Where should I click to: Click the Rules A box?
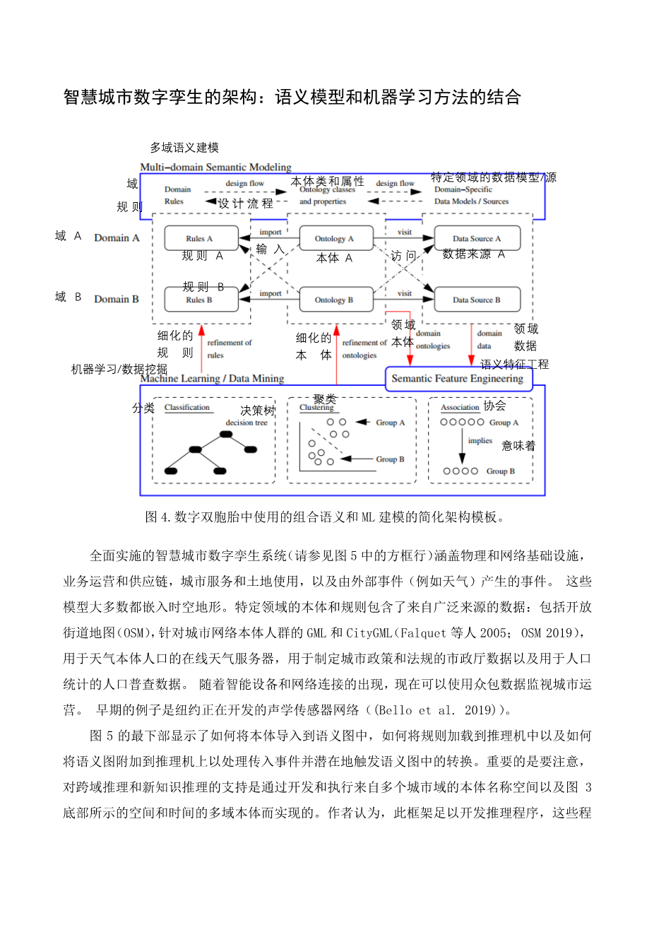point(199,238)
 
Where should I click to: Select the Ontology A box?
point(334,238)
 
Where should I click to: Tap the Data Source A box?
point(477,238)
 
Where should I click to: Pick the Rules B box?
point(199,300)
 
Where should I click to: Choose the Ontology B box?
point(334,300)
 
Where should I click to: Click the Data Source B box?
point(477,300)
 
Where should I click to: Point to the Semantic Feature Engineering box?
point(458,378)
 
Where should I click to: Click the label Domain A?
point(117,238)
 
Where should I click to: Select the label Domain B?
point(117,299)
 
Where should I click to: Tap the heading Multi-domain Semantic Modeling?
point(215,167)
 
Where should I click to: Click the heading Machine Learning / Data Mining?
point(212,378)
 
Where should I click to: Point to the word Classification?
point(187,408)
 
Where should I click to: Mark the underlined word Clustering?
point(316,408)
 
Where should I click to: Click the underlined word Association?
point(460,408)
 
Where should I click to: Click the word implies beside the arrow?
point(480,440)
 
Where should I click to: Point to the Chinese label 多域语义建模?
point(184,148)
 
